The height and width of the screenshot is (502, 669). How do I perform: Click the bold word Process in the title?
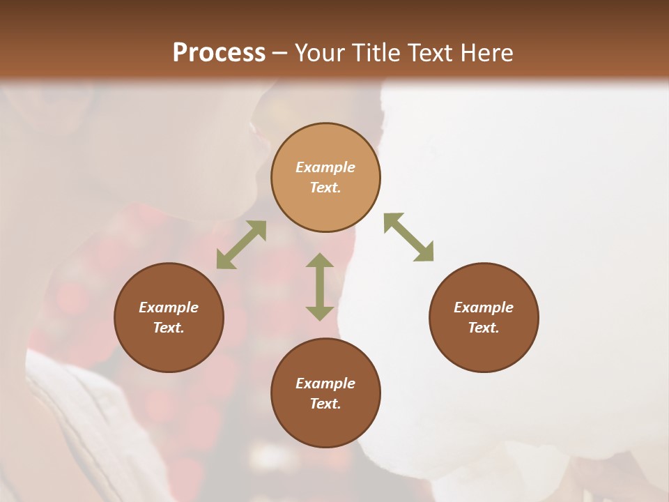click(x=219, y=53)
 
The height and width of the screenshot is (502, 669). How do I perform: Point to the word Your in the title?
click(x=318, y=53)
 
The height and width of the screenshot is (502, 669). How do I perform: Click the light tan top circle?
click(x=325, y=178)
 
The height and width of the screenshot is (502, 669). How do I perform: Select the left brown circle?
click(x=169, y=317)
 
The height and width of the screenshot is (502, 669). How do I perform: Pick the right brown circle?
click(x=484, y=317)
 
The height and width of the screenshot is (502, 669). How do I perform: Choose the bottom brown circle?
click(x=325, y=393)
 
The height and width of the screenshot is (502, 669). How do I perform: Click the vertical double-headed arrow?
click(x=320, y=287)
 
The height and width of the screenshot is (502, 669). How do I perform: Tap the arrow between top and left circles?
click(x=241, y=245)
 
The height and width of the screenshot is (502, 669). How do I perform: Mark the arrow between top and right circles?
click(x=409, y=237)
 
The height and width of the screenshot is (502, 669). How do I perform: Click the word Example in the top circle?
click(x=325, y=167)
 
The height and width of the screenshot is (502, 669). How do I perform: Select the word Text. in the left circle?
click(x=169, y=328)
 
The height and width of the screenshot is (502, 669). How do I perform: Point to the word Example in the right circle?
click(x=484, y=307)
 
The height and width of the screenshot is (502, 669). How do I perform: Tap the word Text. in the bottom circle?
click(x=325, y=404)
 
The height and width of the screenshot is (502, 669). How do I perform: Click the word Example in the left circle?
click(x=169, y=307)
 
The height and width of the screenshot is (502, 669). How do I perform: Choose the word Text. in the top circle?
click(x=325, y=188)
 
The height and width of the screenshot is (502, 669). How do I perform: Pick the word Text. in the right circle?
click(x=484, y=328)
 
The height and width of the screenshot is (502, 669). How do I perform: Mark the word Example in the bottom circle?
click(x=325, y=383)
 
